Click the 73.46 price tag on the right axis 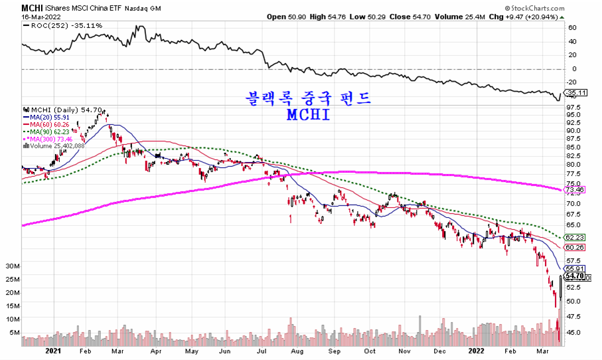pos(575,189)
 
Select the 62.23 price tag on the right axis pos(575,237)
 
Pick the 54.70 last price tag pos(575,276)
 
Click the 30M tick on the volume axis pos(13,266)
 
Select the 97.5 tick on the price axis pos(574,107)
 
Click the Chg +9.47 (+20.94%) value pos(524,16)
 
